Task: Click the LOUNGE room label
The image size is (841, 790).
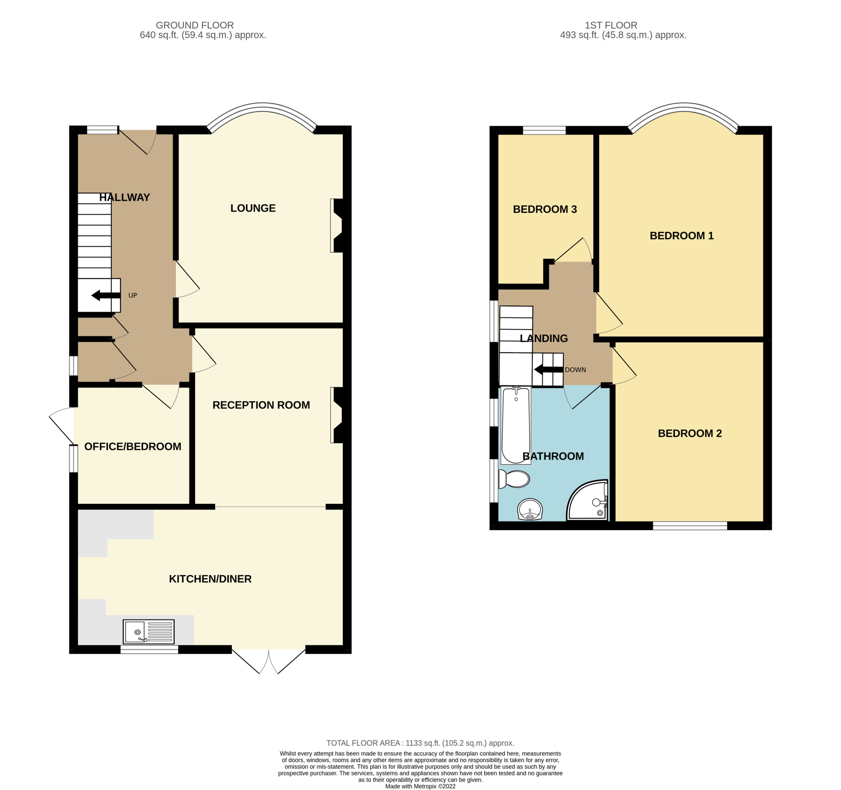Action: click(x=253, y=208)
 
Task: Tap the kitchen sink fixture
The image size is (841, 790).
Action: click(x=148, y=632)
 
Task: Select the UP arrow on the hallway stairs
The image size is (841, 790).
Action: click(x=106, y=295)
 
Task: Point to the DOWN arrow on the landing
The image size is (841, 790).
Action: click(x=549, y=370)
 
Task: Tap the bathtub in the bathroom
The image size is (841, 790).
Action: click(x=516, y=425)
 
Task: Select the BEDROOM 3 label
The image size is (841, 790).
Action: click(x=545, y=209)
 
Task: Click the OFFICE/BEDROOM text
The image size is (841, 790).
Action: click(x=133, y=447)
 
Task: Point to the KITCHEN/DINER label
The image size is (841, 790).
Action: click(x=210, y=579)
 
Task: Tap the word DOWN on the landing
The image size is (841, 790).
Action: click(x=575, y=370)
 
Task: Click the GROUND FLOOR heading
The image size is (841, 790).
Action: click(x=194, y=25)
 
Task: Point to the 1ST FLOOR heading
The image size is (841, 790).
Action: click(x=611, y=25)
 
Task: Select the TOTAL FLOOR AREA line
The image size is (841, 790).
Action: click(x=420, y=743)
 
